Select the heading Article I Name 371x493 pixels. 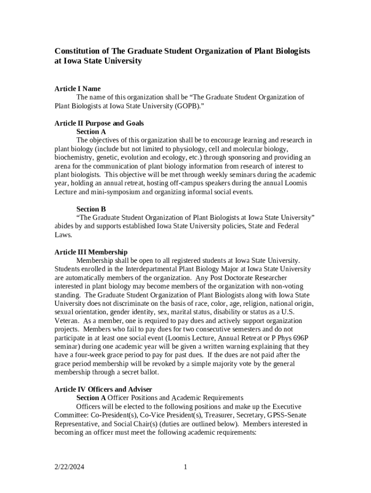point(78,89)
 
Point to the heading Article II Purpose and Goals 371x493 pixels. point(99,123)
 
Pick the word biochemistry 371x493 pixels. point(74,158)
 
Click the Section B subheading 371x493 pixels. point(91,209)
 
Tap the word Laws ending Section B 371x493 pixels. point(63,235)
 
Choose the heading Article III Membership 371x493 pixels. point(91,252)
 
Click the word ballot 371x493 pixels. point(148,373)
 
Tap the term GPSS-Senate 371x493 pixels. point(288,415)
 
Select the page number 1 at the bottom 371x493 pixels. point(185,467)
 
